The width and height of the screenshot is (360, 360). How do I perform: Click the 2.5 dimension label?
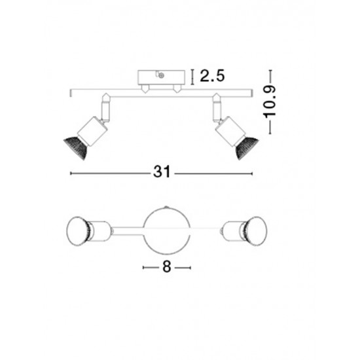(212, 75)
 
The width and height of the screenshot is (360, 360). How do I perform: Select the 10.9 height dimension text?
(269, 102)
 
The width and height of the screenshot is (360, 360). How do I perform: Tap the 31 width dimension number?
(162, 171)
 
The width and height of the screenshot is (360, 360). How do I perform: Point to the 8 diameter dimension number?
(167, 267)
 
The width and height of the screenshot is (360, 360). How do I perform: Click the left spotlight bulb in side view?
(76, 148)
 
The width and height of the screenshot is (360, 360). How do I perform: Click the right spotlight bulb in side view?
(247, 148)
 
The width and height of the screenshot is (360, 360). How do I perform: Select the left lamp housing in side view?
(92, 131)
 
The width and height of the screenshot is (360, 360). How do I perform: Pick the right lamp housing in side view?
(230, 130)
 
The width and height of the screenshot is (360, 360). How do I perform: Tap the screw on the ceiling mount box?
(162, 75)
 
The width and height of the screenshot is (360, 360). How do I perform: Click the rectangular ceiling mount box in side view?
(161, 77)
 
